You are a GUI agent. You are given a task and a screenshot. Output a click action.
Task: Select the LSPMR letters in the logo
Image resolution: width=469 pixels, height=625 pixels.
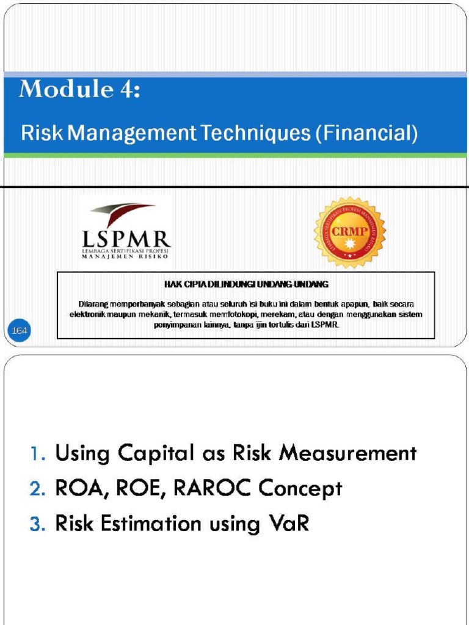126,237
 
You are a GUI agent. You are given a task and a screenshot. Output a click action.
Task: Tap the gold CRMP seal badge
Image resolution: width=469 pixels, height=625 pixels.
349,233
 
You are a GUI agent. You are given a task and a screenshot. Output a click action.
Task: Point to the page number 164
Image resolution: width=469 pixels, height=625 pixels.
20,330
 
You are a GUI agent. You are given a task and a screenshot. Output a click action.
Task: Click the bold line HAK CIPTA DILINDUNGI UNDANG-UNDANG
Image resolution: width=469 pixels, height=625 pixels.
246,284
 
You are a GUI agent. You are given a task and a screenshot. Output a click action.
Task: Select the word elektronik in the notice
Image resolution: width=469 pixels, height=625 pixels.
89,314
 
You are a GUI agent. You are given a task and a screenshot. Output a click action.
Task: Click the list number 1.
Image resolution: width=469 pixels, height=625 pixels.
37,453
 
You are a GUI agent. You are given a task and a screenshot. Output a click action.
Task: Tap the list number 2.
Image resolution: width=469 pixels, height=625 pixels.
37,489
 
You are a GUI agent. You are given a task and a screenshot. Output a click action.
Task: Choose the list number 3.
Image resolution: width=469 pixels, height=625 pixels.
37,524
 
